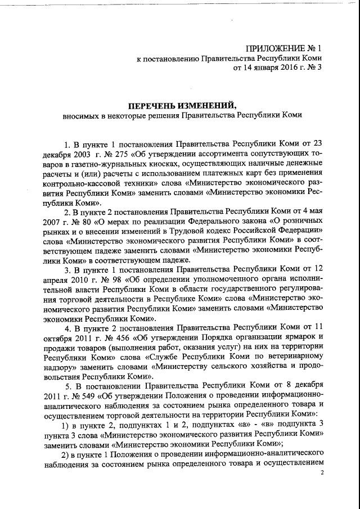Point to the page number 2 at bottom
322,473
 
